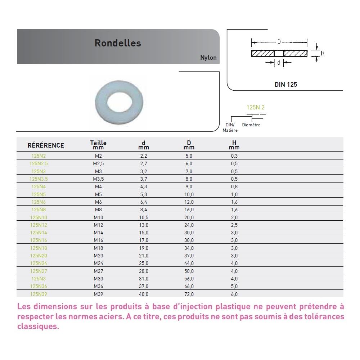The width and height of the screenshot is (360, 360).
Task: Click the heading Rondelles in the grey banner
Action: pyautogui.click(x=118, y=43)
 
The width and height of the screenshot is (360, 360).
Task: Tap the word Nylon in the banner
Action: pyautogui.click(x=208, y=58)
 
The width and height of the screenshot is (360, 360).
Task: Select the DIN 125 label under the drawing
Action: pyautogui.click(x=286, y=85)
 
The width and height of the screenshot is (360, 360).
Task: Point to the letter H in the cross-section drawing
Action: pyautogui.click(x=323, y=53)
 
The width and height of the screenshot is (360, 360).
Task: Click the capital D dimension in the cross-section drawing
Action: pyautogui.click(x=279, y=42)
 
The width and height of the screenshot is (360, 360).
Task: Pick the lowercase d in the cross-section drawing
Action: pyautogui.click(x=279, y=63)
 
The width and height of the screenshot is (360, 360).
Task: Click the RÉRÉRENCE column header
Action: pyautogui.click(x=46, y=145)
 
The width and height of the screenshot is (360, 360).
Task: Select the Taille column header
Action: pyautogui.click(x=98, y=145)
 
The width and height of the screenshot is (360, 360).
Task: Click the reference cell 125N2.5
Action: pyautogui.click(x=39, y=164)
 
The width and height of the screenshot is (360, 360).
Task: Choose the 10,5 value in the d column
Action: pyautogui.click(x=144, y=217)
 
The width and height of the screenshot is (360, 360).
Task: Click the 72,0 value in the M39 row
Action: pyautogui.click(x=189, y=294)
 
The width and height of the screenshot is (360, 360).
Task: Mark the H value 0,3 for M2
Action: pyautogui.click(x=234, y=156)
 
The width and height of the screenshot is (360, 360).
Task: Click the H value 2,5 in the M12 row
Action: pyautogui.click(x=234, y=225)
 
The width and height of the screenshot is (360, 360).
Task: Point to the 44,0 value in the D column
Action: pyautogui.click(x=189, y=264)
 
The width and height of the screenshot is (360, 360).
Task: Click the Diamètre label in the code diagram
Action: pyautogui.click(x=251, y=125)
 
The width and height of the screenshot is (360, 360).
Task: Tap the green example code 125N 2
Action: pyautogui.click(x=255, y=107)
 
